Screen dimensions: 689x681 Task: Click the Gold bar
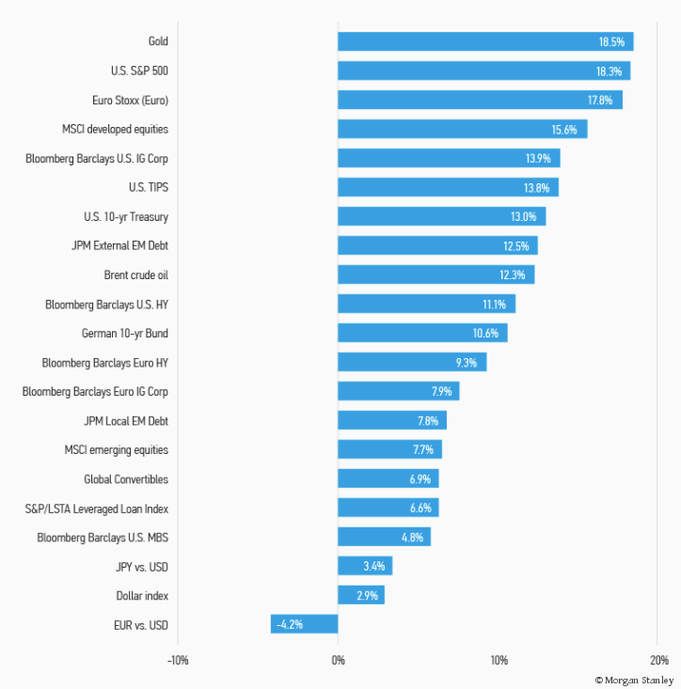(x=484, y=41)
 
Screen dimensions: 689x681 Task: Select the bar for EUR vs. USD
(x=304, y=624)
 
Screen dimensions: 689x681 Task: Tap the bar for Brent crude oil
(x=436, y=274)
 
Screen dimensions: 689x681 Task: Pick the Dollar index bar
(x=360, y=595)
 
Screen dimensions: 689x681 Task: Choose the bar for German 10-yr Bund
(x=422, y=333)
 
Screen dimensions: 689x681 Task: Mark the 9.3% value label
(x=467, y=362)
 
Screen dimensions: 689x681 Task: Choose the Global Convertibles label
(x=126, y=479)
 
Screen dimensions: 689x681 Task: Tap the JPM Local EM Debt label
(x=126, y=421)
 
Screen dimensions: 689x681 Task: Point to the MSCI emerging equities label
(x=117, y=450)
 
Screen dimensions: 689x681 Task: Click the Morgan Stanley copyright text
(x=635, y=679)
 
